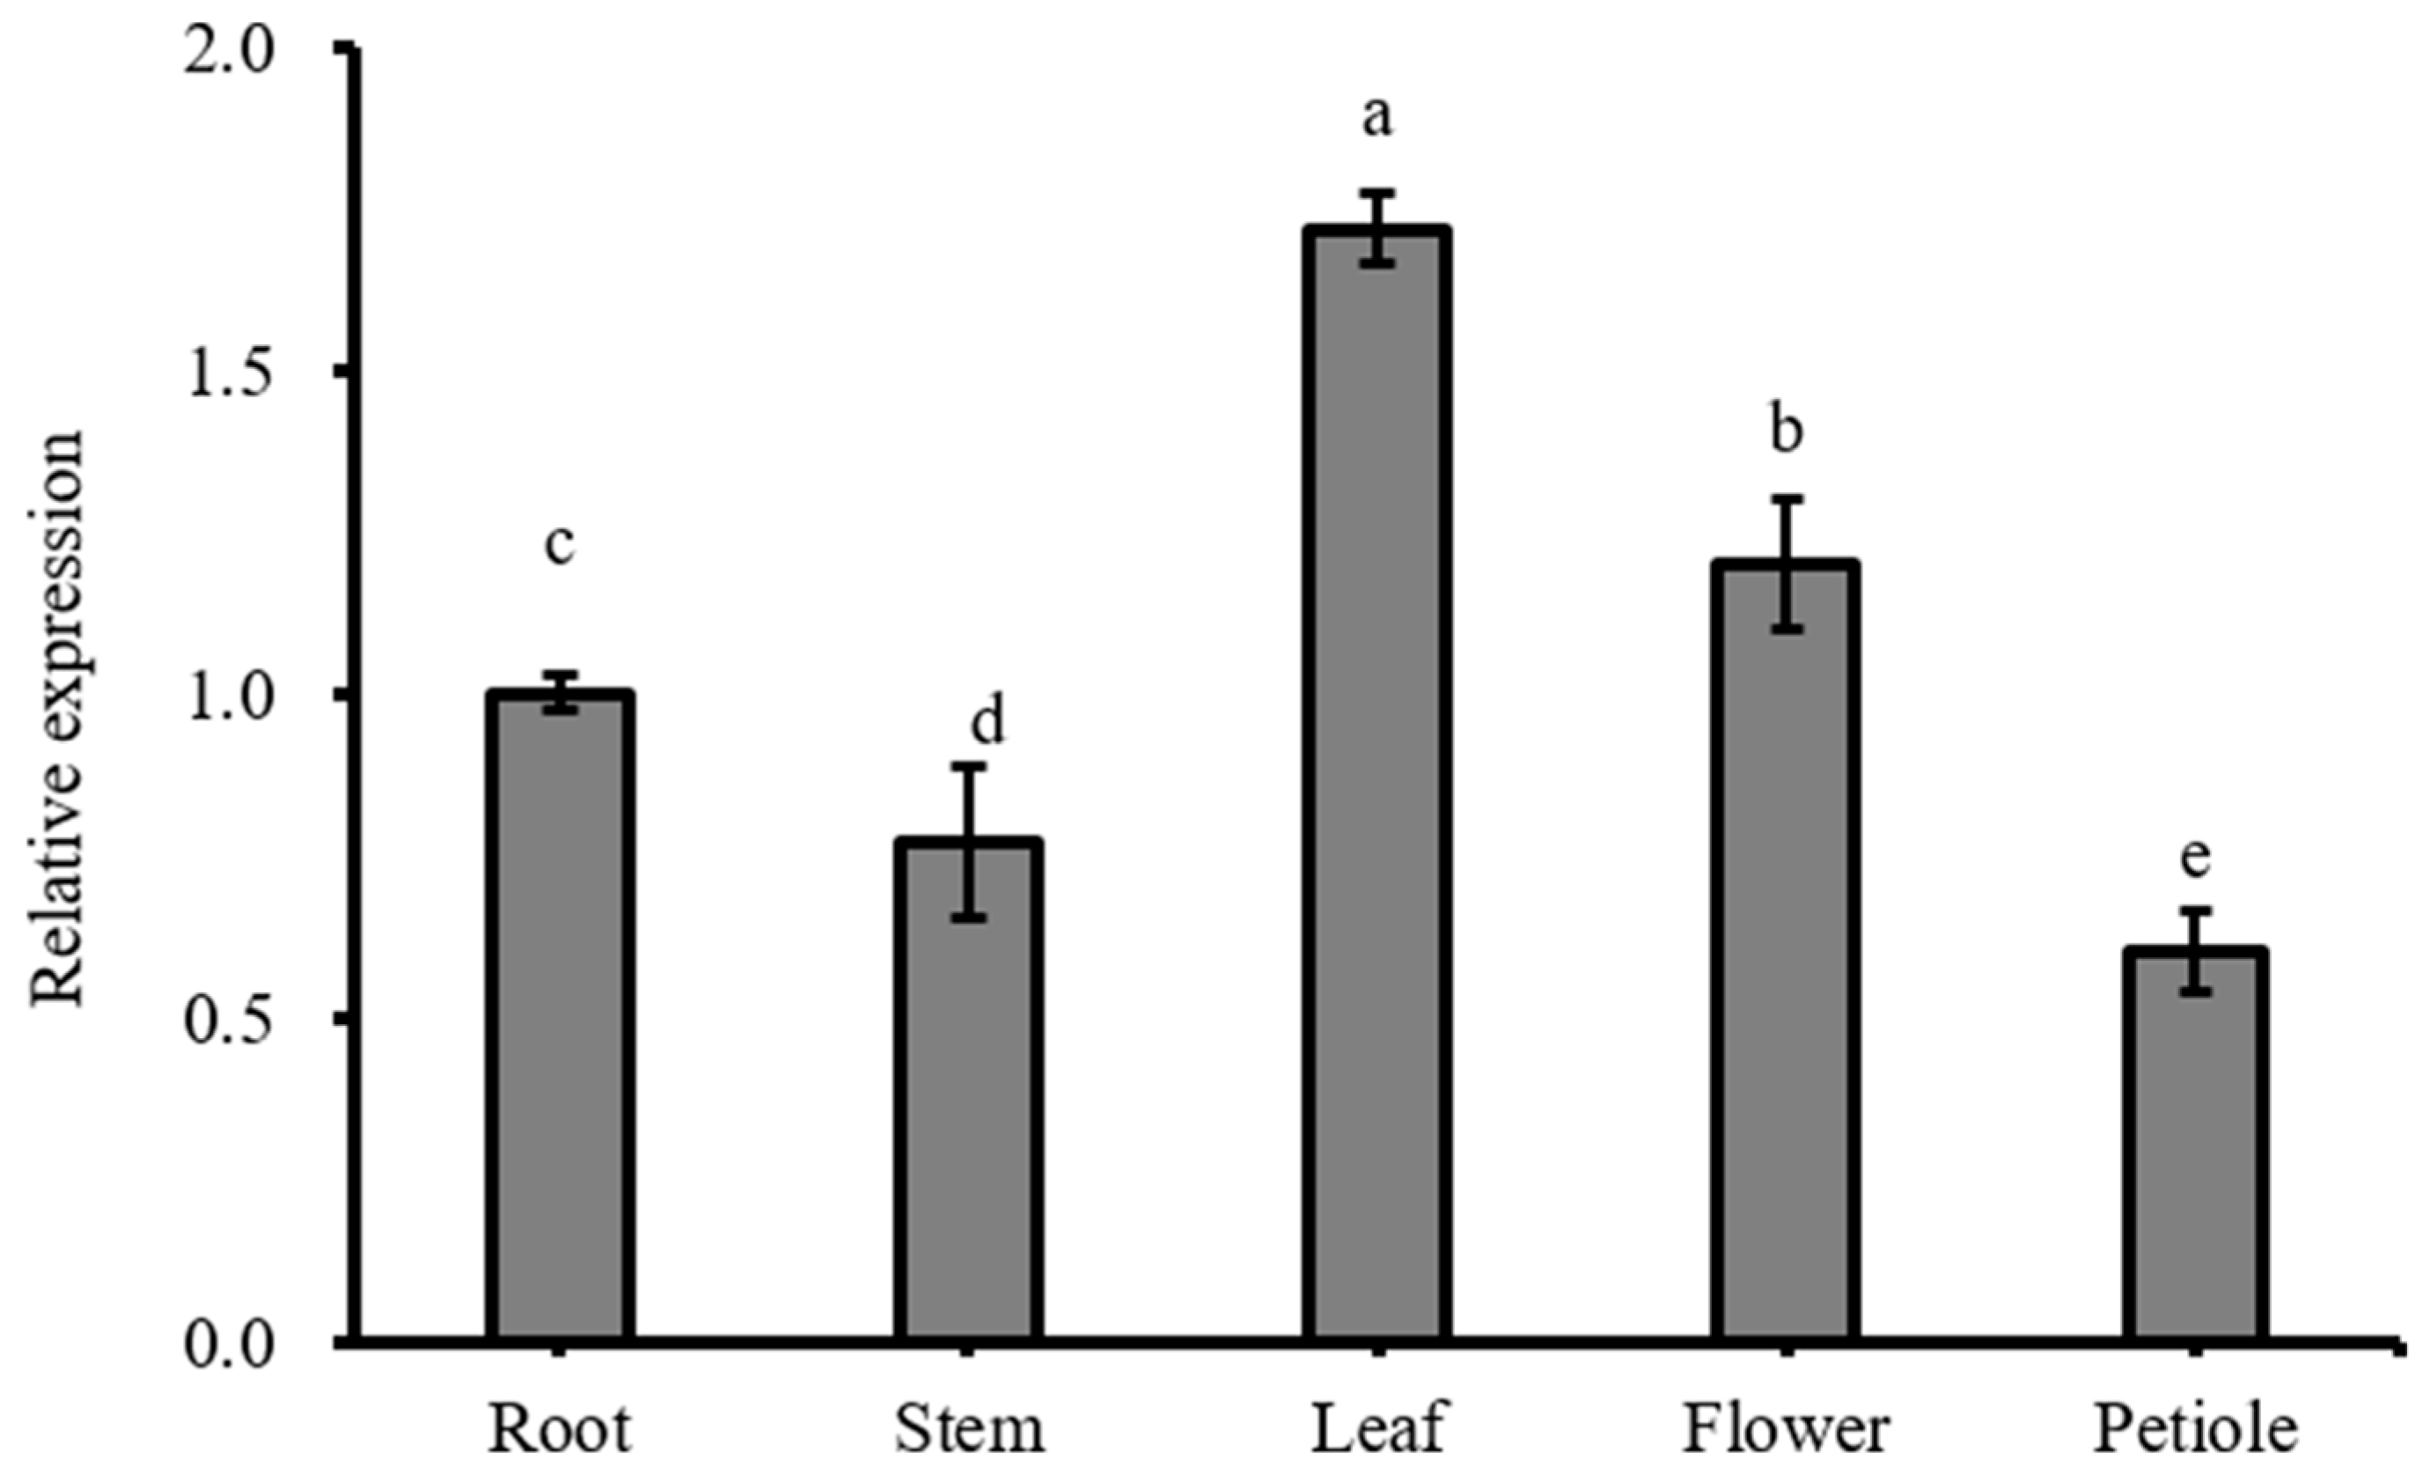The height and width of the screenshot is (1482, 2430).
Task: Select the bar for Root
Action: point(559,1016)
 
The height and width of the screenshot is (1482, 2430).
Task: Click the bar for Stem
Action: point(969,1090)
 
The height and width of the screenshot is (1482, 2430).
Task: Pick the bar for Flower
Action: point(1785,952)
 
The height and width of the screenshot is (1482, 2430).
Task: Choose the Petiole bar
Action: point(2195,1145)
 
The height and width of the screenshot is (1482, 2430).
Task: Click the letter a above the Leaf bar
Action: point(1377,118)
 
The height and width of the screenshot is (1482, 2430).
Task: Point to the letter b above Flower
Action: point(1786,431)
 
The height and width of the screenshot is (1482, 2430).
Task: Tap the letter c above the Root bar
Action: point(559,546)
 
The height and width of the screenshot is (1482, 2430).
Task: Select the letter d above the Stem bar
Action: point(987,719)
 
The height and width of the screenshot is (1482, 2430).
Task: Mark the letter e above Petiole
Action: point(2195,858)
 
